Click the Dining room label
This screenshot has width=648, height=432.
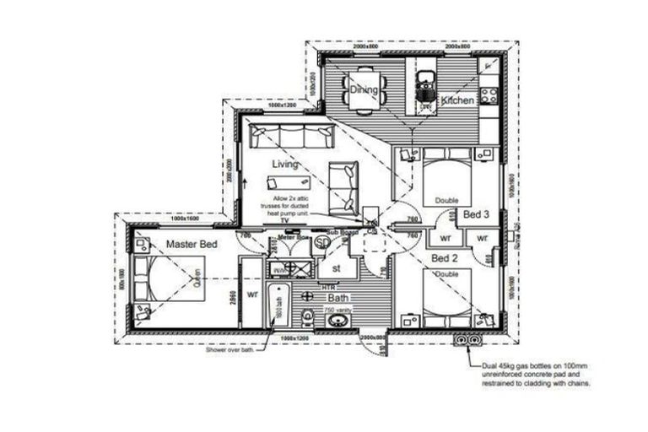pos(364,89)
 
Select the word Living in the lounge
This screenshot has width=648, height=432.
pos(286,164)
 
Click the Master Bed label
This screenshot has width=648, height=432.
pos(192,244)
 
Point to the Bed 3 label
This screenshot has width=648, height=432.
pos(476,215)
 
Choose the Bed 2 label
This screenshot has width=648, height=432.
pos(445,257)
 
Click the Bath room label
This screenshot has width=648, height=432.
pos(338,298)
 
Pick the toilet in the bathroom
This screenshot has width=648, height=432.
pos(308,316)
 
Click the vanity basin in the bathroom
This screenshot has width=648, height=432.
pos(337,320)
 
